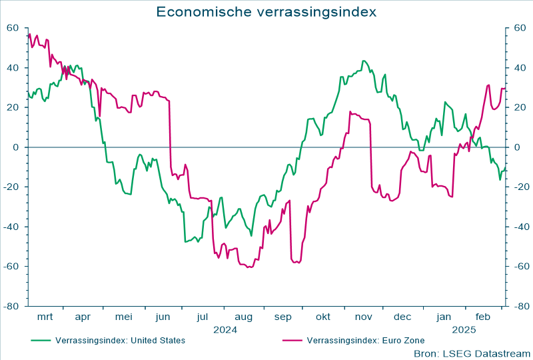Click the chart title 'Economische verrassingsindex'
coord(266,12)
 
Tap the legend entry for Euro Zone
coord(365,340)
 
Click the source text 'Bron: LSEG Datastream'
coord(472,353)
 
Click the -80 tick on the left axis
coord(12,307)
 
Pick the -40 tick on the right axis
coord(519,227)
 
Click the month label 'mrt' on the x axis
coord(45,317)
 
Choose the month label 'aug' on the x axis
coord(243,317)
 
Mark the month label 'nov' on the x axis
coord(364,317)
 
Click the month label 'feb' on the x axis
coord(484,317)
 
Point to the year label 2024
coord(225,329)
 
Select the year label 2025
coord(464,329)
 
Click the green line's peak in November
coord(364,61)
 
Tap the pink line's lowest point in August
coord(249,267)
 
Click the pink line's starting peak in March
coord(29,34)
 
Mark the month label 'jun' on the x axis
coord(162,317)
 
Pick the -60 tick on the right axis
coord(519,267)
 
